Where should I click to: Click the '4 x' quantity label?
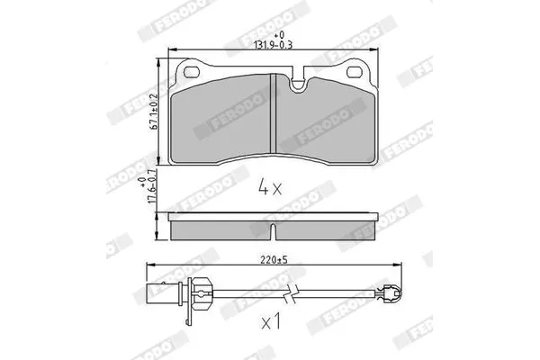[270, 188]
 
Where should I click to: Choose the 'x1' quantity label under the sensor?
[270, 321]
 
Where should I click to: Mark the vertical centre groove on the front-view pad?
[272, 112]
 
